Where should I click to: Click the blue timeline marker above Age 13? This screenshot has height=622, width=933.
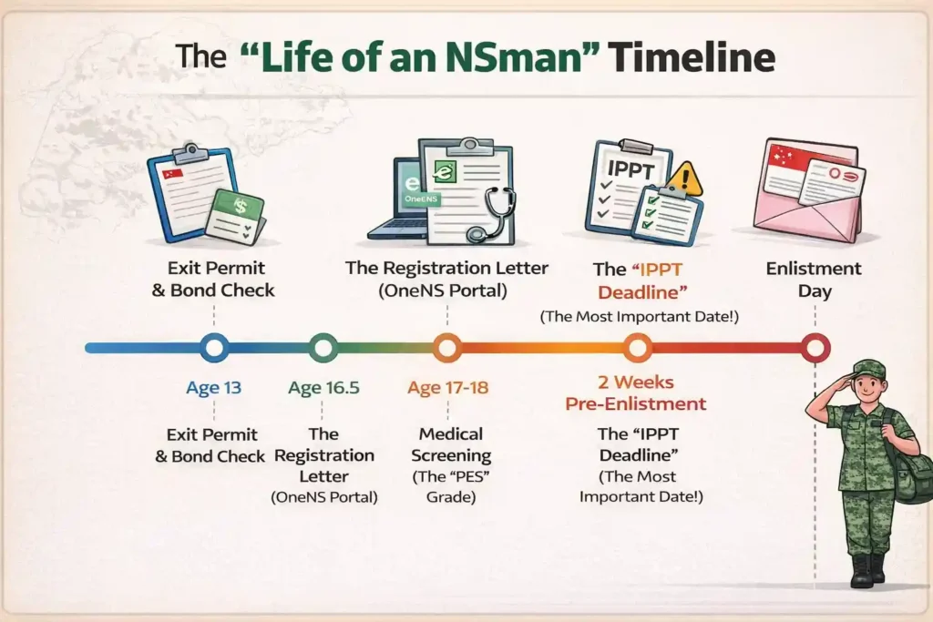point(214,348)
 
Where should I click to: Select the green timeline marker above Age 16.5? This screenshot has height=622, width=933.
point(323,348)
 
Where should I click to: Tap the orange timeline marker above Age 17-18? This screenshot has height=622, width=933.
point(446,348)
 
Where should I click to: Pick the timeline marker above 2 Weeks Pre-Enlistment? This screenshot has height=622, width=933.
point(638,348)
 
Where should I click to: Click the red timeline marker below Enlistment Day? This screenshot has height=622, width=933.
point(815,348)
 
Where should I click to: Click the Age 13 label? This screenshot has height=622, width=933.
point(214,388)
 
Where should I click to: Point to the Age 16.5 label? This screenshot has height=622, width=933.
point(323,388)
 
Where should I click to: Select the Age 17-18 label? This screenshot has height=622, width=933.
point(447,388)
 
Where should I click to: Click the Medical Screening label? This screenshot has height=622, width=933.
point(451,444)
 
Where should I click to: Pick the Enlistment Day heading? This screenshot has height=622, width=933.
point(814,280)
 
